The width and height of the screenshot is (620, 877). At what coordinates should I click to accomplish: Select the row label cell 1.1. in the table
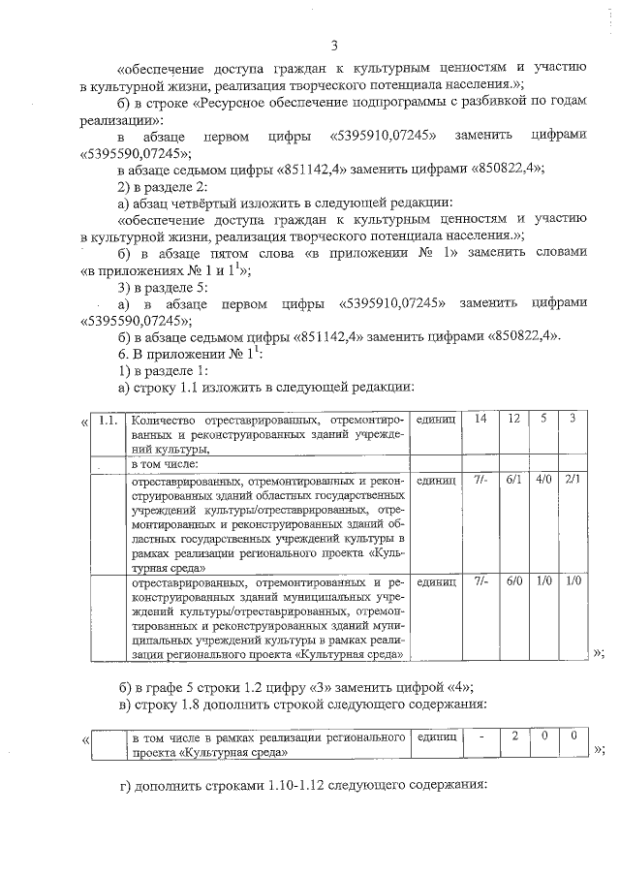109,420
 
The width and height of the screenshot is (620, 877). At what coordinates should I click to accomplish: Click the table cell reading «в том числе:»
165,464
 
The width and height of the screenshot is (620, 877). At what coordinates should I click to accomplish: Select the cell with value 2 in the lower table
515,737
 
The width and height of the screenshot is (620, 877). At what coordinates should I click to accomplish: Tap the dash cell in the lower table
480,737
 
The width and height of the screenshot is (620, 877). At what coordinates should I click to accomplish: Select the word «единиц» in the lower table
435,737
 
